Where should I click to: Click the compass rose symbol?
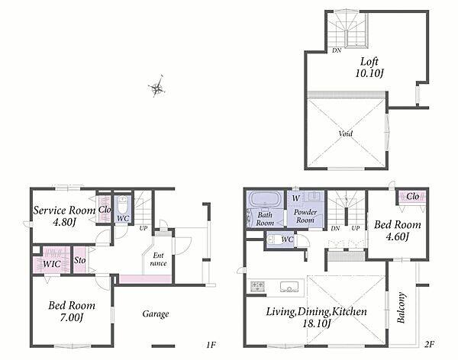[157, 86]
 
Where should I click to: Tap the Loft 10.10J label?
[369, 67]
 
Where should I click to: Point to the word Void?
[346, 133]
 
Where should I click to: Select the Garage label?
[156, 314]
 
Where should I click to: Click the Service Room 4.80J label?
[64, 217]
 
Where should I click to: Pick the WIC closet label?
[52, 264]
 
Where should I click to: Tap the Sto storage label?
[79, 260]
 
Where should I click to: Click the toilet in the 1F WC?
[122, 206]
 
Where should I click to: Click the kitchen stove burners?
[258, 285]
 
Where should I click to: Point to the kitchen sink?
[289, 287]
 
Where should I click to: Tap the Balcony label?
[402, 307]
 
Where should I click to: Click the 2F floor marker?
[429, 345]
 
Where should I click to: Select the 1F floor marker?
[211, 345]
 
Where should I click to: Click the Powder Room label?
[305, 216]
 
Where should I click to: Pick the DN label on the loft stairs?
[337, 50]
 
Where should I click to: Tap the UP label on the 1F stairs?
[144, 228]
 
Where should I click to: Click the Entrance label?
[158, 259]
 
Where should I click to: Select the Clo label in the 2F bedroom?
[412, 197]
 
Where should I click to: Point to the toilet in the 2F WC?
[270, 239]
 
